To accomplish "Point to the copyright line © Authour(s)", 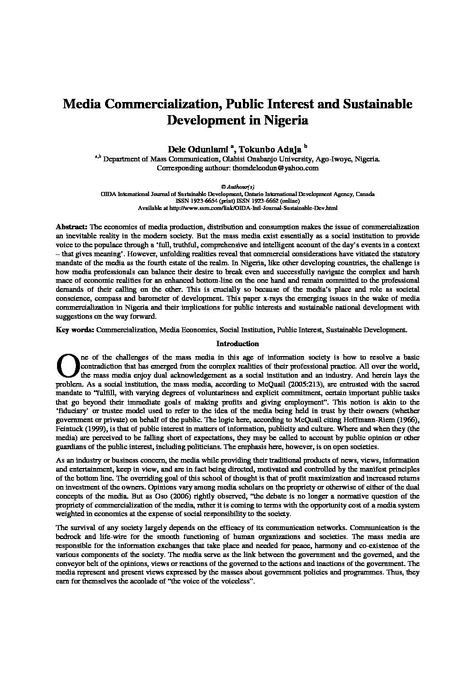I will pos(237,187).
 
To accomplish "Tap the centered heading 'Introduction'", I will pos(237,344).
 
